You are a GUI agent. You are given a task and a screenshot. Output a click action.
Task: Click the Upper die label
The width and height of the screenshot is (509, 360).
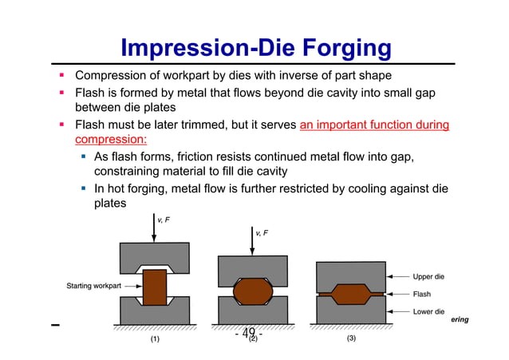tap(428, 277)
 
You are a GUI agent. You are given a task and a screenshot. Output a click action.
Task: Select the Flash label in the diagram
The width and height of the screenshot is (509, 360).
tap(421, 294)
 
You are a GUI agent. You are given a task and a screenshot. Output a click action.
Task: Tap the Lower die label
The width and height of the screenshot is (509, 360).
tap(428, 311)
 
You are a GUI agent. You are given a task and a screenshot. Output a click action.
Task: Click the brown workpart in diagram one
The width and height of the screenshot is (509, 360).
tap(155, 288)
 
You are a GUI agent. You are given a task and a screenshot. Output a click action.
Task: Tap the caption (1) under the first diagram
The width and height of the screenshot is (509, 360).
tap(156, 338)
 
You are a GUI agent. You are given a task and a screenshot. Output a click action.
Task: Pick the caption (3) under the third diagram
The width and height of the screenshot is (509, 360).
tap(352, 338)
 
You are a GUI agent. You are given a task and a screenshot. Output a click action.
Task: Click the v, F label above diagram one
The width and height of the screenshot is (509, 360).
tap(162, 219)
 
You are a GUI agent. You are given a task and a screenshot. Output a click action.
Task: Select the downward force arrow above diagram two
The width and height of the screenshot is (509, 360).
tap(254, 241)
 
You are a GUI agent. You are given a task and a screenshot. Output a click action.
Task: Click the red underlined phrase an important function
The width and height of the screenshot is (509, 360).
tap(374, 125)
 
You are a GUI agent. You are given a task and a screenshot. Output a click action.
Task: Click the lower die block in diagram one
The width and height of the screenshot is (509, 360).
tap(155, 313)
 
